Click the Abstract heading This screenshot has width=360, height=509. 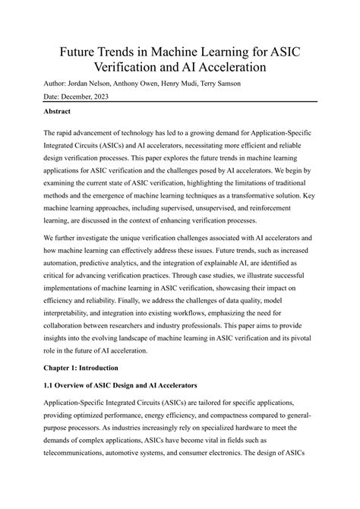point(62,112)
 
